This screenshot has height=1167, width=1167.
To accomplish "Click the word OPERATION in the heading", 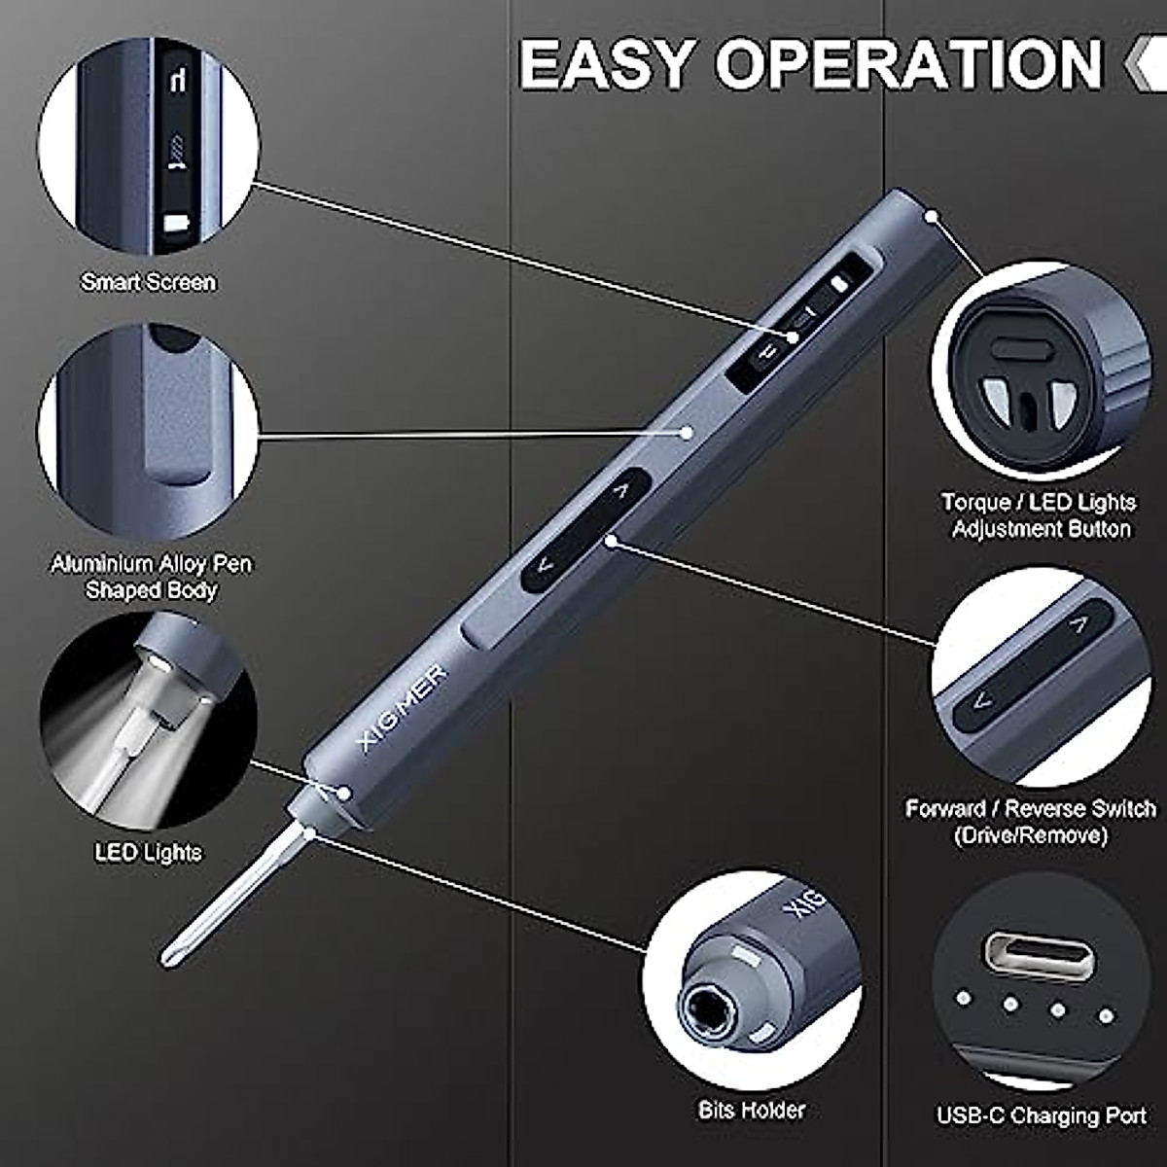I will pos(908,65).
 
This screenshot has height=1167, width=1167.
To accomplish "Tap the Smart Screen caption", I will pos(148,282).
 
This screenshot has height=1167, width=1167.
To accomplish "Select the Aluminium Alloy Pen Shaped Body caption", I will pos(151,577).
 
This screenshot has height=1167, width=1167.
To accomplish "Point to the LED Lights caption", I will pos(148,853).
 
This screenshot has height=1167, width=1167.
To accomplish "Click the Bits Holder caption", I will pos(751,1110).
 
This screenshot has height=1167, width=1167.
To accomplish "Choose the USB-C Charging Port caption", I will pos(1042,1115).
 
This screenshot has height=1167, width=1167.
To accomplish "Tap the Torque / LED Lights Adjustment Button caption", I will pos(1038,515).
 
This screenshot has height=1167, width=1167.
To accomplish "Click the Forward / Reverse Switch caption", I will pos(1030,822).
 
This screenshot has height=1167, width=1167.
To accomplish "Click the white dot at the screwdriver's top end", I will pos(932,215).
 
